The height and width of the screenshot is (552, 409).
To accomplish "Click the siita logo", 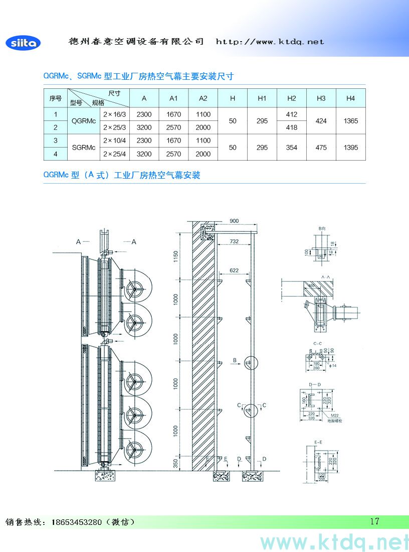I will coord(23,43).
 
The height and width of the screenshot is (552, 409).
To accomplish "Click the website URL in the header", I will coord(270,42).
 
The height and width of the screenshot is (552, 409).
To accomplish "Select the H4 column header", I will coord(350,98).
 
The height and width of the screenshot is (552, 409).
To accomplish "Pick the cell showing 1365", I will coord(350,121).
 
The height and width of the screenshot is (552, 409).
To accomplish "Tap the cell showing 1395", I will coord(350,148).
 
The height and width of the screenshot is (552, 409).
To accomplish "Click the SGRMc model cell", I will coord(84,148).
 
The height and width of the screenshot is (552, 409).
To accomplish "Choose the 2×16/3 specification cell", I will coord(114,114).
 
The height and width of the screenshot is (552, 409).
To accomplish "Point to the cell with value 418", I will coord(291,127).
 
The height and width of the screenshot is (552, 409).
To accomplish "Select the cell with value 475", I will coord(321,148).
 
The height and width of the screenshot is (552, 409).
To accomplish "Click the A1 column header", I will coord(173,98).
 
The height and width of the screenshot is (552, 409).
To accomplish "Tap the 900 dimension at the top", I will coord(234,221).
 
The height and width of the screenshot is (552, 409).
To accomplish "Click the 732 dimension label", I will coord(234,241).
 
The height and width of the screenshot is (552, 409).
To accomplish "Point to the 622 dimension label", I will coord(234,271).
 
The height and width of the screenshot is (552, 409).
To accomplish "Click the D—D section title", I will coord(315,384).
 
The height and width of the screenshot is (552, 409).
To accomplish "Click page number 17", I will coord(374,521).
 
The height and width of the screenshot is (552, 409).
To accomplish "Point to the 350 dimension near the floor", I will coord(176,463).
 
